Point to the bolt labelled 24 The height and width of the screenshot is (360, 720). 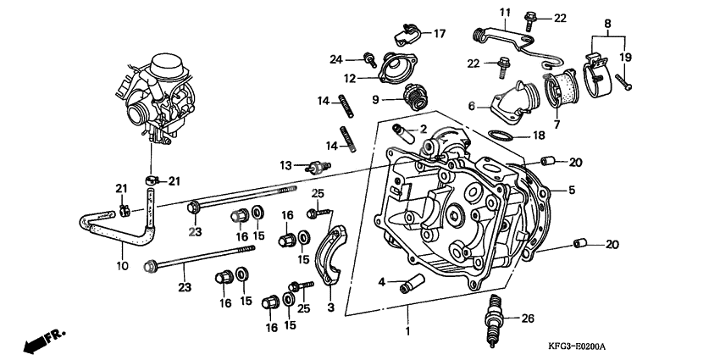click(369, 58)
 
